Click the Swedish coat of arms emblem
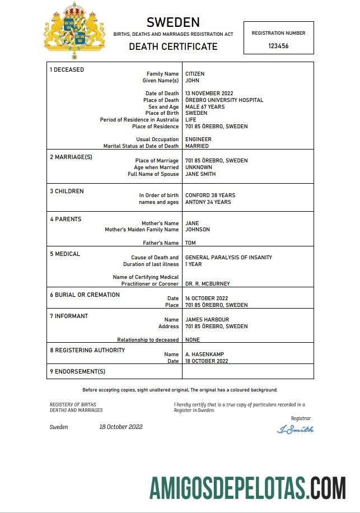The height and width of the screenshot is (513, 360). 74,30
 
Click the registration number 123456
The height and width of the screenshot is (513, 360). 278,46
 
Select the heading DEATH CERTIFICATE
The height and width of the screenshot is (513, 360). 173,46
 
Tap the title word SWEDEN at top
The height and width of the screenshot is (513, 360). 173,22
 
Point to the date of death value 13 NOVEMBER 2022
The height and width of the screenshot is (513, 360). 209,94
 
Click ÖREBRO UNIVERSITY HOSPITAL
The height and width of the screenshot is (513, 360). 224,100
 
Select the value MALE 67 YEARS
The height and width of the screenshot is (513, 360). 205,107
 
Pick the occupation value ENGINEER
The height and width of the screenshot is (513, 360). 198,139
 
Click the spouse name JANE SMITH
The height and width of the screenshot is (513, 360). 200,174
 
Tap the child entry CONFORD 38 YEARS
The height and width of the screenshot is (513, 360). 210,195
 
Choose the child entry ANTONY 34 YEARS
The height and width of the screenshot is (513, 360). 208,202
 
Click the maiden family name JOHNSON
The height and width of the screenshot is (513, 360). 198,230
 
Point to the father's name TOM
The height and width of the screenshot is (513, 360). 190,243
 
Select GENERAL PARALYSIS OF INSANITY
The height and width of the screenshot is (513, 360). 228,258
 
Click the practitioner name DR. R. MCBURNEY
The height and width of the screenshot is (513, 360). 207,284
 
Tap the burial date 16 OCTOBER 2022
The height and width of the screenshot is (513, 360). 207,299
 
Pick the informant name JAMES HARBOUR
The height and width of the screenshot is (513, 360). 207,320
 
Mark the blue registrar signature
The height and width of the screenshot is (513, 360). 295,430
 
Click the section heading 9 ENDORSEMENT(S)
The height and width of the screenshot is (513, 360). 77,371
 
